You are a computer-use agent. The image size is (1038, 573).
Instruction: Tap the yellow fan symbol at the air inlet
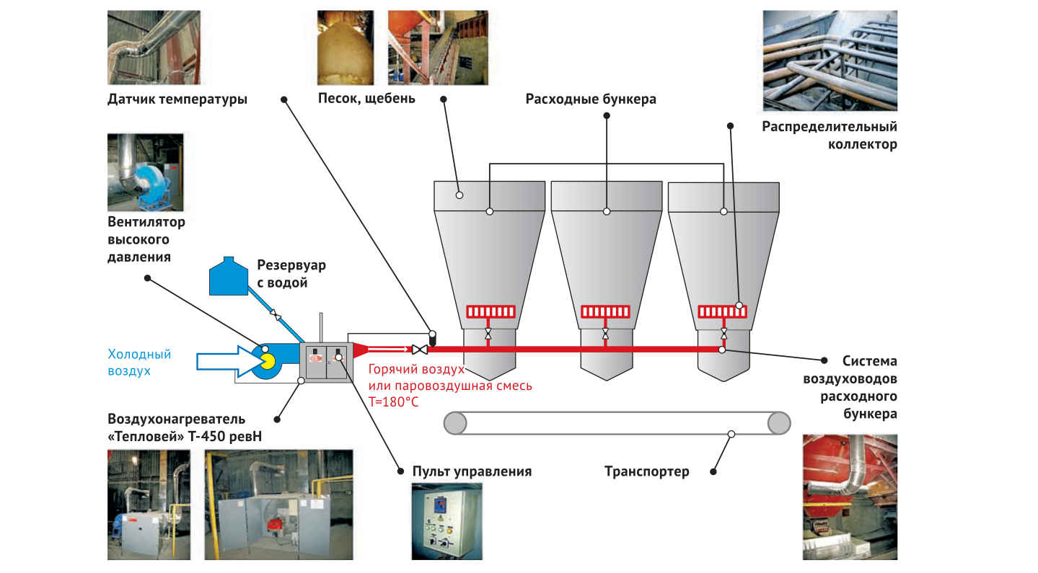point(268,362)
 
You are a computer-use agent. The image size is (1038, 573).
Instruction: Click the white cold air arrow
point(227,361)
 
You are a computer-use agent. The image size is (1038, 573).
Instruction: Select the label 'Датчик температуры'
point(177,99)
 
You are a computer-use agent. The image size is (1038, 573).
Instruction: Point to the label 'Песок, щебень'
point(366,99)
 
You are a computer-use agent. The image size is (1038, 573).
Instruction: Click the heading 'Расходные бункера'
point(591,99)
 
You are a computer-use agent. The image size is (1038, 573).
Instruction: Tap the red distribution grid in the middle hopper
point(606,311)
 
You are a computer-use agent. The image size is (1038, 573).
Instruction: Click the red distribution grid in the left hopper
point(491,311)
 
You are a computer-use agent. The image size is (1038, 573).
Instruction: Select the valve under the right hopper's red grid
point(723,334)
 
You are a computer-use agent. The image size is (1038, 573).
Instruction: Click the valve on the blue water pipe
point(276,315)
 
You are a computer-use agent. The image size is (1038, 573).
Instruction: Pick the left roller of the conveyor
point(455,423)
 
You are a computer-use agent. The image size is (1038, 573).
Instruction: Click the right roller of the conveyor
point(779,423)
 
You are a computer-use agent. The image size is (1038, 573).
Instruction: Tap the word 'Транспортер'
point(647,471)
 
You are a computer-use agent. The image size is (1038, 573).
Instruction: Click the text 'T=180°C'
point(393,401)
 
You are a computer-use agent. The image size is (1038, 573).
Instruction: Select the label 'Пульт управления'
point(472,471)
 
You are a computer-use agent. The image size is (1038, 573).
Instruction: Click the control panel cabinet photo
point(447,522)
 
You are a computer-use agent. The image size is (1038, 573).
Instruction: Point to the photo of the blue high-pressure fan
point(146,172)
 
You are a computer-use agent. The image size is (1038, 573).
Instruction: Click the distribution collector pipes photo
point(830,61)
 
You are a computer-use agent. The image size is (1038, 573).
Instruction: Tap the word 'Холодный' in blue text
point(139,354)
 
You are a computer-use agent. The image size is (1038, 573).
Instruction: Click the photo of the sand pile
point(346,48)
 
